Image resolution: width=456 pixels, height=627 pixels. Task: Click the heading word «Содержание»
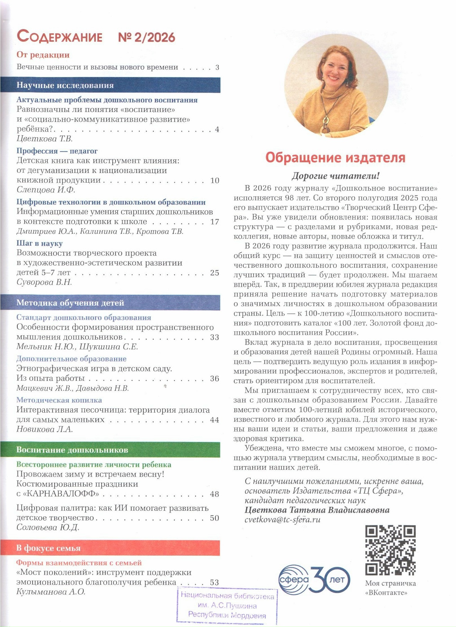click(59, 37)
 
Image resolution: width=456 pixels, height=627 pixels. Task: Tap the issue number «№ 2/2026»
click(146, 37)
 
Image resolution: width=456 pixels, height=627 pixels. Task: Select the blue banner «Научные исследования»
click(110, 85)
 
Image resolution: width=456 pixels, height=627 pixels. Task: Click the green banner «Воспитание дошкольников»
click(110, 450)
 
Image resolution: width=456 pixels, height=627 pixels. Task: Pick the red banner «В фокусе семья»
click(110, 548)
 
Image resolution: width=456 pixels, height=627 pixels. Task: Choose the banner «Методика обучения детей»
click(110, 303)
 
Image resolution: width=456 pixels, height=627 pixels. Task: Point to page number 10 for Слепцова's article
click(214, 180)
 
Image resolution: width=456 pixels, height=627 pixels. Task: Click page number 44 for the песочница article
click(214, 420)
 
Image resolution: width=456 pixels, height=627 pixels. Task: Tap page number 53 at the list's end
click(214, 582)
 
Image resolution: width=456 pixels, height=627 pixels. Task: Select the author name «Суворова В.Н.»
click(44, 282)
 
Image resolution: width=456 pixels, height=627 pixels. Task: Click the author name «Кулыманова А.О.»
click(51, 592)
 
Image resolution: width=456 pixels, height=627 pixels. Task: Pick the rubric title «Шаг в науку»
click(40, 243)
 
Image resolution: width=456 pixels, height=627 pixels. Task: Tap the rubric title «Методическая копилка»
click(59, 400)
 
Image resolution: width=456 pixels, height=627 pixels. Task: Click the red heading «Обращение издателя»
click(335, 157)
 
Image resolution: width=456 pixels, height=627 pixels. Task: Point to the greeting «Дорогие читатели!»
click(336, 176)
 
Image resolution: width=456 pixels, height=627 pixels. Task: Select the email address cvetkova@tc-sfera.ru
click(283, 519)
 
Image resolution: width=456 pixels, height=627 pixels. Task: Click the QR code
click(390, 550)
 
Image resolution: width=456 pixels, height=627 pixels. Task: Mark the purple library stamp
click(227, 605)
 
